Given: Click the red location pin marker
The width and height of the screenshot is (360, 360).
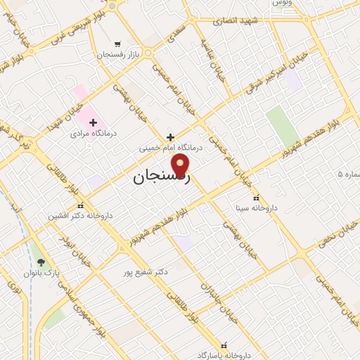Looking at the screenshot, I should (x=181, y=166).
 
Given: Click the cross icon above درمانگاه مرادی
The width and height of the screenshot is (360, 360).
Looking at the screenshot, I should (x=93, y=122).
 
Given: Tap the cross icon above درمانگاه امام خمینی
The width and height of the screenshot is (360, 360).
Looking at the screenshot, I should (x=170, y=137).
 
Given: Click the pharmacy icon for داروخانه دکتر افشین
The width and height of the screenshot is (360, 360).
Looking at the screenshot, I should (x=81, y=206).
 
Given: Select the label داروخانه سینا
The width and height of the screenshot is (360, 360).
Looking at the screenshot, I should (x=256, y=209).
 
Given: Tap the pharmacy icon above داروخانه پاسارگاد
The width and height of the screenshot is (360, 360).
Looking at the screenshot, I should (x=225, y=345).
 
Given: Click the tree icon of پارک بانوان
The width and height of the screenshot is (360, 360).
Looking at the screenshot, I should (x=41, y=262).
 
